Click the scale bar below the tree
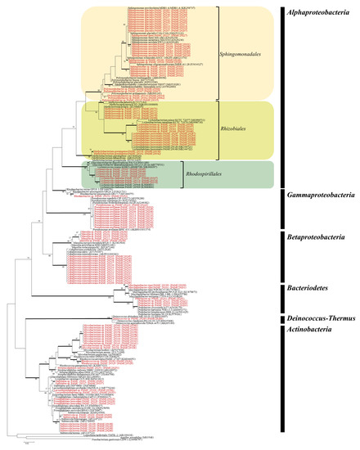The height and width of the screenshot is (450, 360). (x=27, y=442)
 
